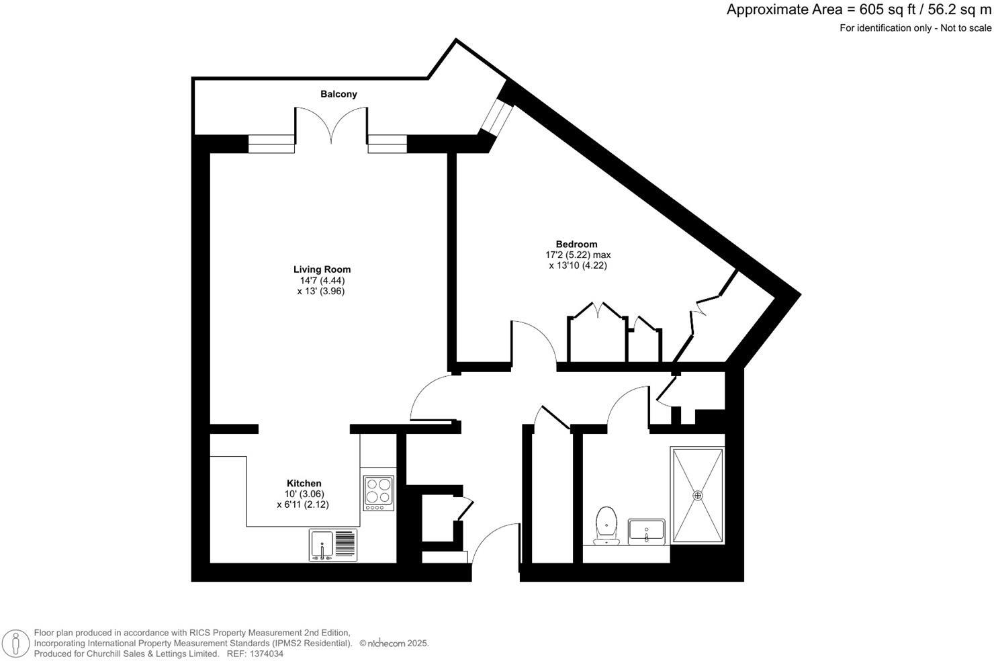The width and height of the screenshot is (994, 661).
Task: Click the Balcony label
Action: click(x=338, y=94)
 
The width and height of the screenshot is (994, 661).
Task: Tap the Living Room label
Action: click(x=322, y=269)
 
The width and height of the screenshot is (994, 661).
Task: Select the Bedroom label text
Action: click(x=576, y=244)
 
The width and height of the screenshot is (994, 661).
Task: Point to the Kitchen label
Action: click(x=304, y=483)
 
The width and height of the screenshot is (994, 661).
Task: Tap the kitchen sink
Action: click(x=322, y=545)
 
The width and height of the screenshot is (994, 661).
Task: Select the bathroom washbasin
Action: click(x=646, y=531)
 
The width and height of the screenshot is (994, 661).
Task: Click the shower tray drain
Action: click(x=698, y=495)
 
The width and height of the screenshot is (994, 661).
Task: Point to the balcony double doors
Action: click(x=331, y=126)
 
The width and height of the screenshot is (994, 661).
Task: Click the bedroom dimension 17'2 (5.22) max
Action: click(x=578, y=255)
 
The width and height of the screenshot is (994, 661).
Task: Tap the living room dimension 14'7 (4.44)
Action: click(x=322, y=280)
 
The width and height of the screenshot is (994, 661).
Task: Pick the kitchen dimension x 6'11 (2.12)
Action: click(x=303, y=504)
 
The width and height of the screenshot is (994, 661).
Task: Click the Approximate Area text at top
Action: click(x=858, y=10)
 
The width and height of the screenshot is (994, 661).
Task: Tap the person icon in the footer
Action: click(x=15, y=643)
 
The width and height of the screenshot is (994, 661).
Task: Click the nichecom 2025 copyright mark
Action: click(x=394, y=644)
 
